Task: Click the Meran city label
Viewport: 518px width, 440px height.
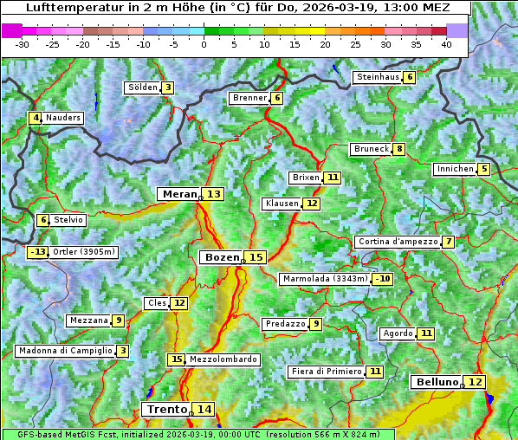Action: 178,194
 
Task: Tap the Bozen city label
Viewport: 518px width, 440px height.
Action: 221,257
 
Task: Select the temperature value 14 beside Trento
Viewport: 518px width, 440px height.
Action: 204,409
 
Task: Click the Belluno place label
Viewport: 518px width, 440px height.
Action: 436,382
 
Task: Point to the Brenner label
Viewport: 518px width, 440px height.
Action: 249,98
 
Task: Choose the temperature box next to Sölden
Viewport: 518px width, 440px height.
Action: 168,87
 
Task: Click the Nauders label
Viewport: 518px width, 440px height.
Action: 63,118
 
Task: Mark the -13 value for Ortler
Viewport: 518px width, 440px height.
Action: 38,252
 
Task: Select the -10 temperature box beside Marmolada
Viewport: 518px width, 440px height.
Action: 383,279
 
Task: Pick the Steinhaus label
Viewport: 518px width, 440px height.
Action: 378,77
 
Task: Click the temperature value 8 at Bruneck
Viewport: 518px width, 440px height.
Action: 398,149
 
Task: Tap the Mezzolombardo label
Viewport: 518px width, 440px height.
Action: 223,359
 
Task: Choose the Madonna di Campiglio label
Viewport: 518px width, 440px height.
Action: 65,351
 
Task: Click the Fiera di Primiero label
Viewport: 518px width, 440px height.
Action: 326,372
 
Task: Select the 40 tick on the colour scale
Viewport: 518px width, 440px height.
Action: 446,44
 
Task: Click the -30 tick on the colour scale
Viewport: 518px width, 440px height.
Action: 23,44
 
